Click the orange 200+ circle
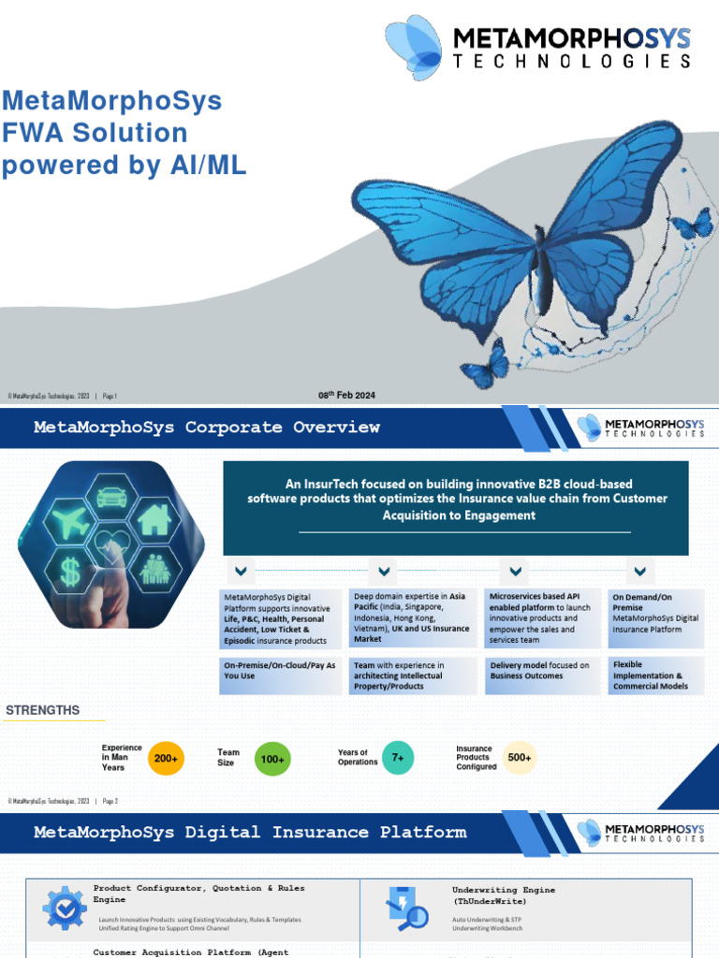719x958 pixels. pyautogui.click(x=167, y=759)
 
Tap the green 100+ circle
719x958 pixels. pyautogui.click(x=272, y=760)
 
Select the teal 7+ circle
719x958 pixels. pyautogui.click(x=398, y=758)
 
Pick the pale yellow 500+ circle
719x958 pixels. pyautogui.click(x=519, y=758)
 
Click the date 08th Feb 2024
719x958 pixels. pyautogui.click(x=346, y=396)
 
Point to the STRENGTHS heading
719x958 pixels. pyautogui.click(x=43, y=711)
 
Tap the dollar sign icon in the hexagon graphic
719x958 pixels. pyautogui.click(x=70, y=572)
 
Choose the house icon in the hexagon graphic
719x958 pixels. pyautogui.click(x=154, y=520)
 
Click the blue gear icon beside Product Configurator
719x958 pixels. pyautogui.click(x=64, y=906)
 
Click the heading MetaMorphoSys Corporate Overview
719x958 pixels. pyautogui.click(x=207, y=428)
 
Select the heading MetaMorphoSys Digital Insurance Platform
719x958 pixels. pyautogui.click(x=250, y=832)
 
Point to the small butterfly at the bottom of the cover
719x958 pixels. pyautogui.click(x=485, y=365)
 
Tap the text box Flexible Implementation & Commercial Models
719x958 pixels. pyautogui.click(x=652, y=675)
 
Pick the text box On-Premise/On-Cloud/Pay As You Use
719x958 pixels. pyautogui.click(x=279, y=671)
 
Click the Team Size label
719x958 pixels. pyautogui.click(x=228, y=757)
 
